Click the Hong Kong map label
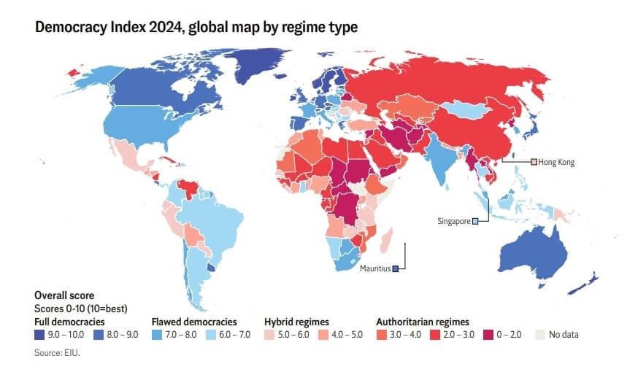(x=557, y=162)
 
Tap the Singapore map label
(x=453, y=221)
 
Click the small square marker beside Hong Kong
(x=534, y=162)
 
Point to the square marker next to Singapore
(x=475, y=221)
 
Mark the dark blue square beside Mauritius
(x=395, y=268)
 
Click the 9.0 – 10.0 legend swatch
(x=39, y=334)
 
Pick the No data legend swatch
(x=541, y=334)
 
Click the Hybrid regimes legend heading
(x=296, y=321)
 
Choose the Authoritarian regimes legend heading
(x=422, y=321)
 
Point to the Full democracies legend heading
(x=69, y=321)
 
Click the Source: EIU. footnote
(x=56, y=352)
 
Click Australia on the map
(x=537, y=252)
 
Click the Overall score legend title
(x=64, y=295)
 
